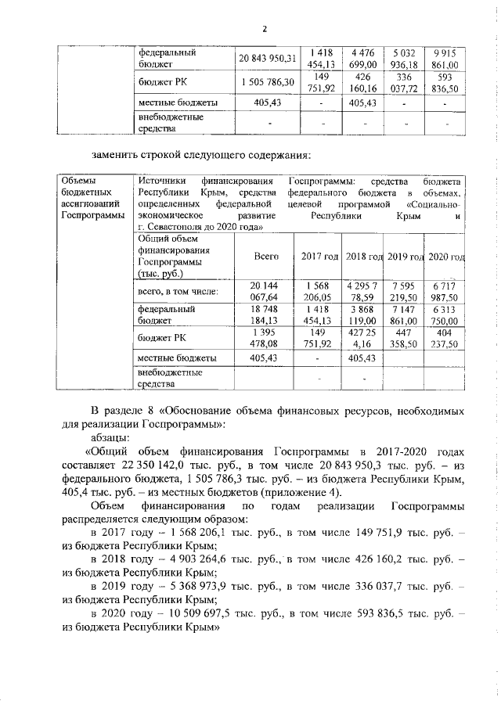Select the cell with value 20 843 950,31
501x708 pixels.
pos(269,58)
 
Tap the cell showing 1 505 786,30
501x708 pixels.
pos(269,81)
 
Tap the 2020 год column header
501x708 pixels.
pos(447,257)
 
